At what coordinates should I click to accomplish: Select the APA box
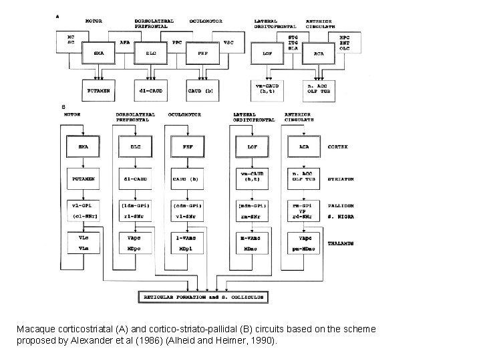(x=125, y=41)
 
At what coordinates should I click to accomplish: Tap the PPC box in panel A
(x=177, y=41)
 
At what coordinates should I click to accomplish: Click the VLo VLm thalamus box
(x=83, y=242)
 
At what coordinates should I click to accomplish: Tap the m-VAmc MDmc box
(x=251, y=242)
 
